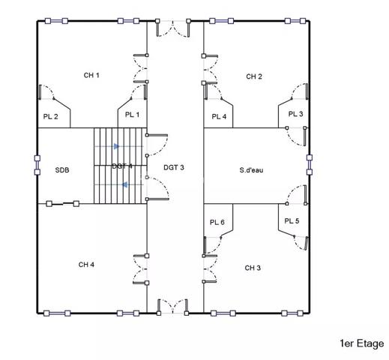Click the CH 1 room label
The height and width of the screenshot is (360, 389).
pyautogui.click(x=91, y=75)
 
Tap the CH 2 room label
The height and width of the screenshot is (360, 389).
pyautogui.click(x=254, y=76)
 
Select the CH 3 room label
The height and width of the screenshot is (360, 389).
pyautogui.click(x=253, y=268)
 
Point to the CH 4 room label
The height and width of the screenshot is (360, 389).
pyautogui.click(x=86, y=265)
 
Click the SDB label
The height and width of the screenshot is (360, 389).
pyautogui.click(x=62, y=170)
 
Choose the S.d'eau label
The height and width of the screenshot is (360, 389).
pyautogui.click(x=251, y=170)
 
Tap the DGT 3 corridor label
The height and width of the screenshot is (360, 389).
pyautogui.click(x=174, y=166)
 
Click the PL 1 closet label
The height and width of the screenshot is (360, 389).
pyautogui.click(x=133, y=115)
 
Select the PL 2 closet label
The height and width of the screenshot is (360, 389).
pyautogui.click(x=51, y=116)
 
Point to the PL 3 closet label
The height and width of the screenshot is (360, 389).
pyautogui.click(x=295, y=114)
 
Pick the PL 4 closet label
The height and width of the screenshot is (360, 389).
pyautogui.click(x=219, y=116)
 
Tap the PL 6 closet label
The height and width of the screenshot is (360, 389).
pyautogui.click(x=217, y=222)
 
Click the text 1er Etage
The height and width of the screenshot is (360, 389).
pyautogui.click(x=361, y=343)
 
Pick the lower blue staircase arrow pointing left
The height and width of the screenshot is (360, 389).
pyautogui.click(x=125, y=184)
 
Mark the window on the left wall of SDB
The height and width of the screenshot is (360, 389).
pyautogui.click(x=37, y=165)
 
